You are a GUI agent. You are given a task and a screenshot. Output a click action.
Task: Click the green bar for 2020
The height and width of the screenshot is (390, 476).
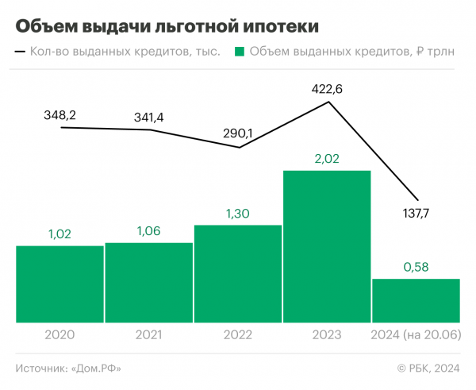coord(59,284)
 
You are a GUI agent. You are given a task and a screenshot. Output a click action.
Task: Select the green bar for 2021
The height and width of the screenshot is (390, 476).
coord(148,282)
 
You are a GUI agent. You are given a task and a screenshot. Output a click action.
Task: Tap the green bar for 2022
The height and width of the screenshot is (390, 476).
coord(237,274)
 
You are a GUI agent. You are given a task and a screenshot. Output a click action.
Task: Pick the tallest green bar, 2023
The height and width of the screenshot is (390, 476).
coord(326,246)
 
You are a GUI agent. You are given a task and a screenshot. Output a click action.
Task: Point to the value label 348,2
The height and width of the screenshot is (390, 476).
coord(59,116)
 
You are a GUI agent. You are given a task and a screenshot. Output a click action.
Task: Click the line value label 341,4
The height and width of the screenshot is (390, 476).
coord(148,118)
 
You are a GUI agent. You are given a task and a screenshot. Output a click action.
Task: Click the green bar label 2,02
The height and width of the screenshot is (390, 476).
coord(327,160)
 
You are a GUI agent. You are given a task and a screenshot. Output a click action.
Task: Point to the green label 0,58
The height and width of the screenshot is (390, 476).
coord(416,268)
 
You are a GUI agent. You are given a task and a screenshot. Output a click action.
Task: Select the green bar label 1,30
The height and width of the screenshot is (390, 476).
coord(237,214)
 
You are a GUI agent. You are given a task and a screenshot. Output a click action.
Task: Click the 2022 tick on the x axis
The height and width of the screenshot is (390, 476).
coord(237,334)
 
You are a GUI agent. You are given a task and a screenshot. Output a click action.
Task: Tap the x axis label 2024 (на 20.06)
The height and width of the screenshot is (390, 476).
coord(416,334)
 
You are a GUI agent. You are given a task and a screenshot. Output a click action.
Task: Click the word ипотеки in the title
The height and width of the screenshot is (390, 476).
coord(278,26)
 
